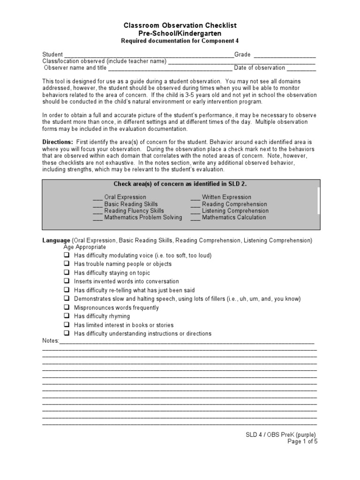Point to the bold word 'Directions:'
pos(58,142)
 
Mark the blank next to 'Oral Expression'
pos(97,198)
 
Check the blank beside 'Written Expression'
pos(195,198)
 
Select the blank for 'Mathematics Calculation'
pos(195,218)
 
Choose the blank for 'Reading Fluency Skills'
pos(97,211)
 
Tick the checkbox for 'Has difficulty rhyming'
pos(67,316)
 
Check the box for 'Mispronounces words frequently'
pos(67,307)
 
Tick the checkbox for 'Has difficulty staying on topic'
pos(67,272)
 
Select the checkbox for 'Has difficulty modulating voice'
pos(67,255)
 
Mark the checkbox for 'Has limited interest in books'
pos(67,325)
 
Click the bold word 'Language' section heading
pos(56,240)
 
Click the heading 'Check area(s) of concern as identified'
pos(180,184)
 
